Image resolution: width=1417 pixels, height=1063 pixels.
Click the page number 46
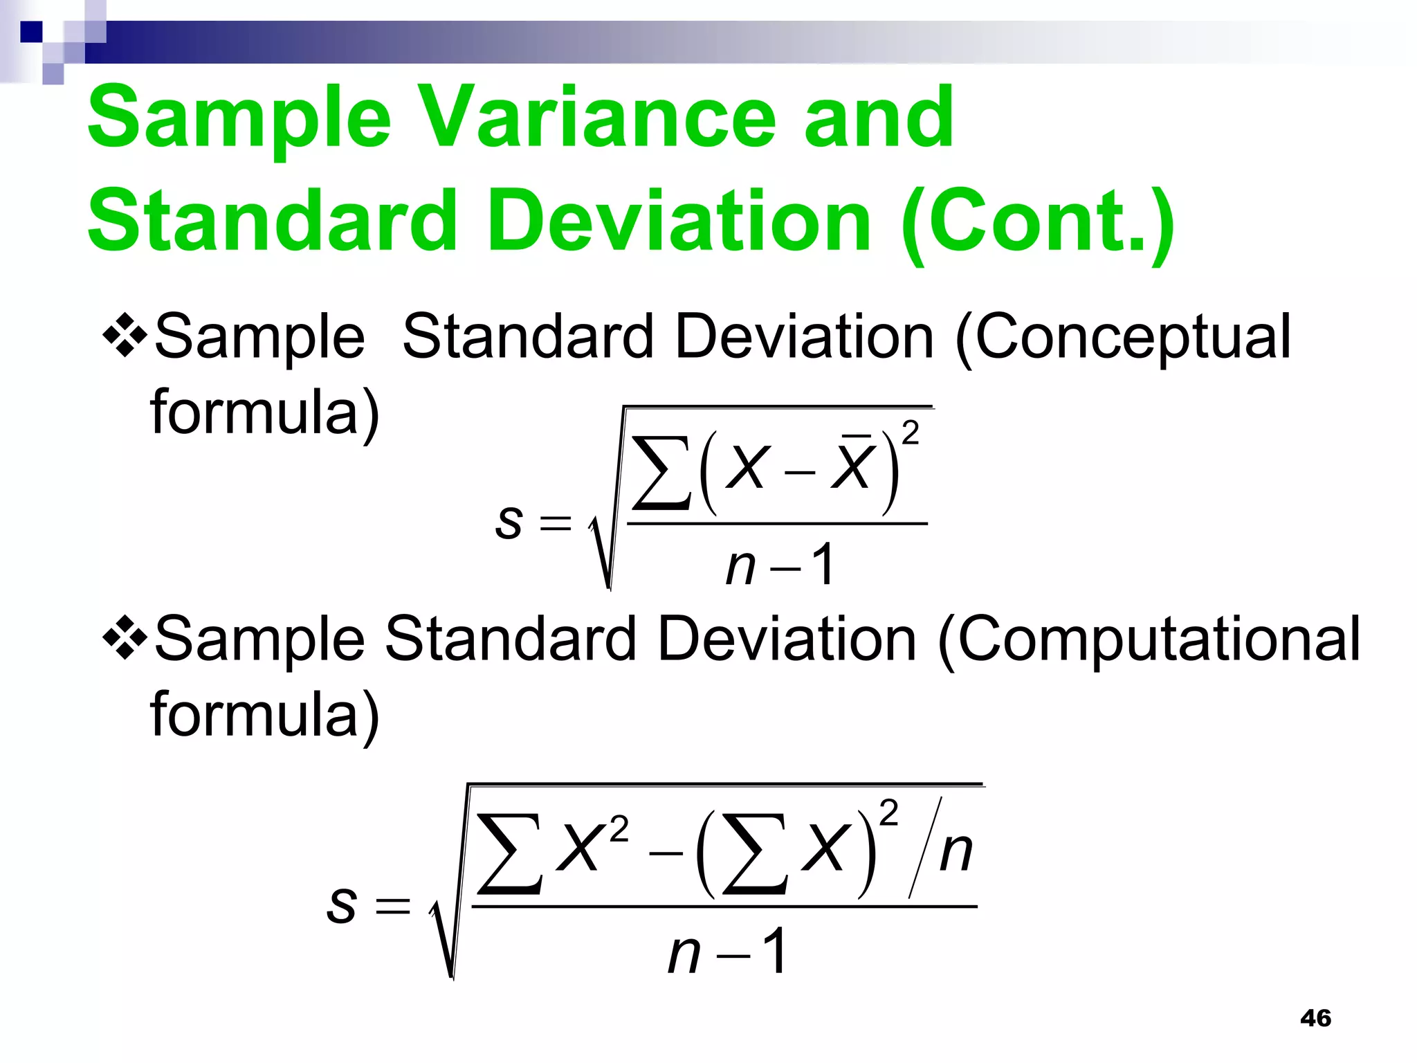click(x=1315, y=1018)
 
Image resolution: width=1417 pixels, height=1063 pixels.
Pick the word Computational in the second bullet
click(x=1149, y=639)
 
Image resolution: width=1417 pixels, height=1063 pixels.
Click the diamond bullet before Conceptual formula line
click(x=125, y=336)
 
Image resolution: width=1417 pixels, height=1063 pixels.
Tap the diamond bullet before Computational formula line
click(x=125, y=638)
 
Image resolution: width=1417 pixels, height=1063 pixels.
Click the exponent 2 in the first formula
click(x=911, y=433)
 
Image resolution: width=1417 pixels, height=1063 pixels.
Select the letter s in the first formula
click(x=509, y=521)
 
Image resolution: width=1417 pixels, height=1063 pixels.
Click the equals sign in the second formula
click(x=392, y=906)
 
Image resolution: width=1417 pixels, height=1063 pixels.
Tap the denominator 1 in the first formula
click(x=823, y=565)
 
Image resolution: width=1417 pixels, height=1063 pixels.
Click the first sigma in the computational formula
click(x=510, y=854)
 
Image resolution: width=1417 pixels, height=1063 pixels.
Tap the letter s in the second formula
click(x=342, y=905)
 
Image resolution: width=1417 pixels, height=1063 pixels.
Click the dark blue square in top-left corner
click(x=31, y=32)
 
